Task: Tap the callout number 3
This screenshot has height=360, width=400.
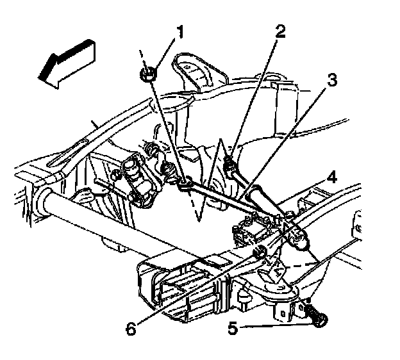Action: click(x=331, y=80)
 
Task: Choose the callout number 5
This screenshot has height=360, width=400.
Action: click(x=233, y=327)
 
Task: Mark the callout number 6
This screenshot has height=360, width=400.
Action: click(x=131, y=329)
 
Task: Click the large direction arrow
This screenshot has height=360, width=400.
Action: click(x=67, y=64)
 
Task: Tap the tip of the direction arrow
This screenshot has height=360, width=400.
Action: click(x=38, y=76)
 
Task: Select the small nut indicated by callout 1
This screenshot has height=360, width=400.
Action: click(x=148, y=74)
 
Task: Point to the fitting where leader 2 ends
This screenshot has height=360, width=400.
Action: click(x=229, y=165)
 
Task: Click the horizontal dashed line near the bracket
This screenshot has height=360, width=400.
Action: click(x=300, y=265)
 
